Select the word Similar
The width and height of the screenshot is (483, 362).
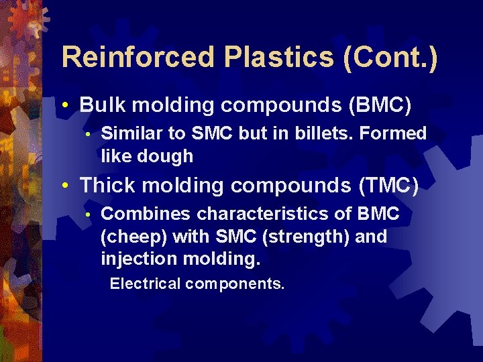pos(131,133)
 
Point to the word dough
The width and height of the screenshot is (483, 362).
pos(167,156)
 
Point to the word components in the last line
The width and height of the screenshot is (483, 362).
pos(235,284)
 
